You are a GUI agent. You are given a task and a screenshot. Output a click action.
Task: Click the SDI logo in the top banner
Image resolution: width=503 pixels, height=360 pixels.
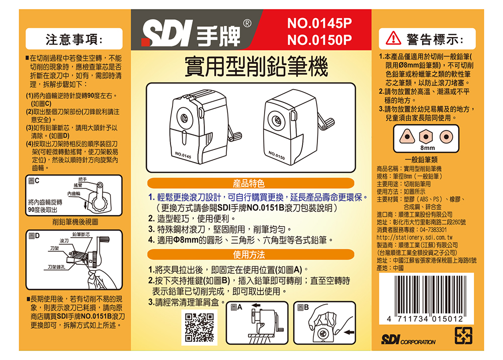(x=167, y=33)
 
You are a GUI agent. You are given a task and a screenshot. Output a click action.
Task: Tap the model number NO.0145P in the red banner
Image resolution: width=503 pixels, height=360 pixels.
(x=319, y=23)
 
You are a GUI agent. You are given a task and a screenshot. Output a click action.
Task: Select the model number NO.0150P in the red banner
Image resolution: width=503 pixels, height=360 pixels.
(x=319, y=40)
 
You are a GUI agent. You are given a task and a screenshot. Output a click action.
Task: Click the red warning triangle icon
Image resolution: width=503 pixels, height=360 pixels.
(x=393, y=38)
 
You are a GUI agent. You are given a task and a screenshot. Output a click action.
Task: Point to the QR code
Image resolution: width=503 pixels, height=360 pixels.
(x=199, y=328)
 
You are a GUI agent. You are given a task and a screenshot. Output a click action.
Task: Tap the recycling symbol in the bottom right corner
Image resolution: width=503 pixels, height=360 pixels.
(x=464, y=336)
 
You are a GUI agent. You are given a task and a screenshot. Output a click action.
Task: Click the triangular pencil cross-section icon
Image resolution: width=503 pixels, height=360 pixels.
(x=407, y=136)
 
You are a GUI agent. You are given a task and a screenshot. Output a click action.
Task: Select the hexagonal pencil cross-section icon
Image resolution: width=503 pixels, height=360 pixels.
(x=426, y=136)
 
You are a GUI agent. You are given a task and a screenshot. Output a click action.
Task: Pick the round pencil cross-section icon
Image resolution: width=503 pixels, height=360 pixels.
(x=446, y=136)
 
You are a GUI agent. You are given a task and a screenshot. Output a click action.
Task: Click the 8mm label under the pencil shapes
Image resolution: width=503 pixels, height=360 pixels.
(x=427, y=148)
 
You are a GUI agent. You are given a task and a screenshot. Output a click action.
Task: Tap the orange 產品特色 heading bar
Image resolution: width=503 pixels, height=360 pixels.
(x=250, y=183)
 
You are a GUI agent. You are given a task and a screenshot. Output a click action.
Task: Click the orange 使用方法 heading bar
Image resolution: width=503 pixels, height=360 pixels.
(x=250, y=255)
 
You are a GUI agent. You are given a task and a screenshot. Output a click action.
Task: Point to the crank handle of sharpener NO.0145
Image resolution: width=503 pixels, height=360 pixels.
(x=234, y=132)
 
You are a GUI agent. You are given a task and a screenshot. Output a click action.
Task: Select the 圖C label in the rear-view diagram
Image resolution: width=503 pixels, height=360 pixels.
(x=34, y=181)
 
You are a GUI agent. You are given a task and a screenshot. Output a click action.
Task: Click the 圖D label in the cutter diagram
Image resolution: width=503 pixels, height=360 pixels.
(x=34, y=236)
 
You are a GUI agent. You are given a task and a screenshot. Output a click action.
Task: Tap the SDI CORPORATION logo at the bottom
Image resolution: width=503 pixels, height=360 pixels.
(x=408, y=339)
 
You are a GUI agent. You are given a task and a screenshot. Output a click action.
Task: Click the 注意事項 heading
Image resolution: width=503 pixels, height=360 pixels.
(x=74, y=39)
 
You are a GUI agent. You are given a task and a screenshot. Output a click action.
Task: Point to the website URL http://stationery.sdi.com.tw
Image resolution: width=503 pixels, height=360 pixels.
(x=414, y=238)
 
